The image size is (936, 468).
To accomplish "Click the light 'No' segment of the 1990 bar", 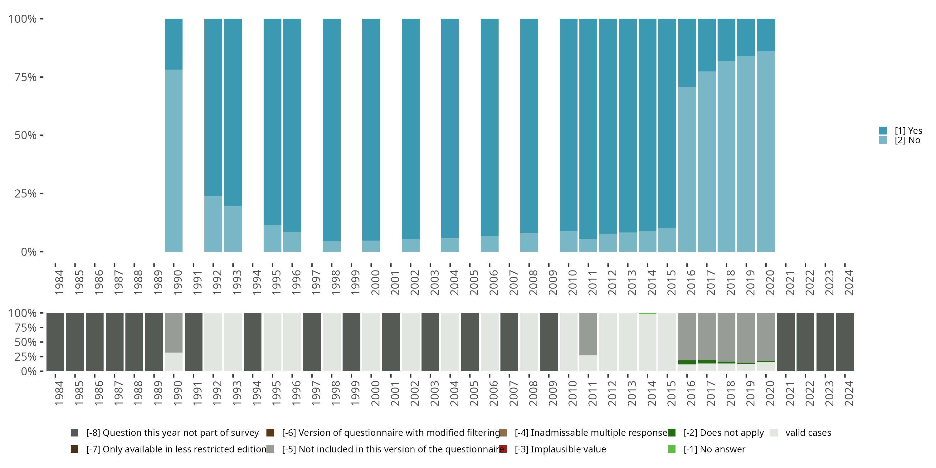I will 173,160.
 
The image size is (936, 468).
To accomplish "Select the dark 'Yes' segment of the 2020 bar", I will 766,35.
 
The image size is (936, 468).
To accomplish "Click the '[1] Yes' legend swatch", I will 883,130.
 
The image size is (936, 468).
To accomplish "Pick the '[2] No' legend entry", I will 907,140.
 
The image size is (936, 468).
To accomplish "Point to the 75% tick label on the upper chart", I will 26,77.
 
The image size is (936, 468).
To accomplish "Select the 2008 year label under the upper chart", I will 533,282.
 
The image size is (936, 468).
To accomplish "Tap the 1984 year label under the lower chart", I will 59,393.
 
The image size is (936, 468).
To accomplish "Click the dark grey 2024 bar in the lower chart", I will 845,342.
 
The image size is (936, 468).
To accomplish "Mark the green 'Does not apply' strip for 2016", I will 687,362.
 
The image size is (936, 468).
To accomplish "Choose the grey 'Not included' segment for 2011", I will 588,334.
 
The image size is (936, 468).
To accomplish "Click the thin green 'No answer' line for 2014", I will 647,314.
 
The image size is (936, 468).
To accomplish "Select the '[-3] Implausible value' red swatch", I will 503,449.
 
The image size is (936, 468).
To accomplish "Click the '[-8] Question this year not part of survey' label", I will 172,433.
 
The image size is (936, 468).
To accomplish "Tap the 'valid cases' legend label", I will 808,433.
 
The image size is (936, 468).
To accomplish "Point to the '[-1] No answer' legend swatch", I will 671,449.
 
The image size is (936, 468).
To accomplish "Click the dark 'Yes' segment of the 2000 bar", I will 371,129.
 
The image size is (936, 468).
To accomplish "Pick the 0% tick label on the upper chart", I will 28,252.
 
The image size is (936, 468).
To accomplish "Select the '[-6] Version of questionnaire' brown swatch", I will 270,433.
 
